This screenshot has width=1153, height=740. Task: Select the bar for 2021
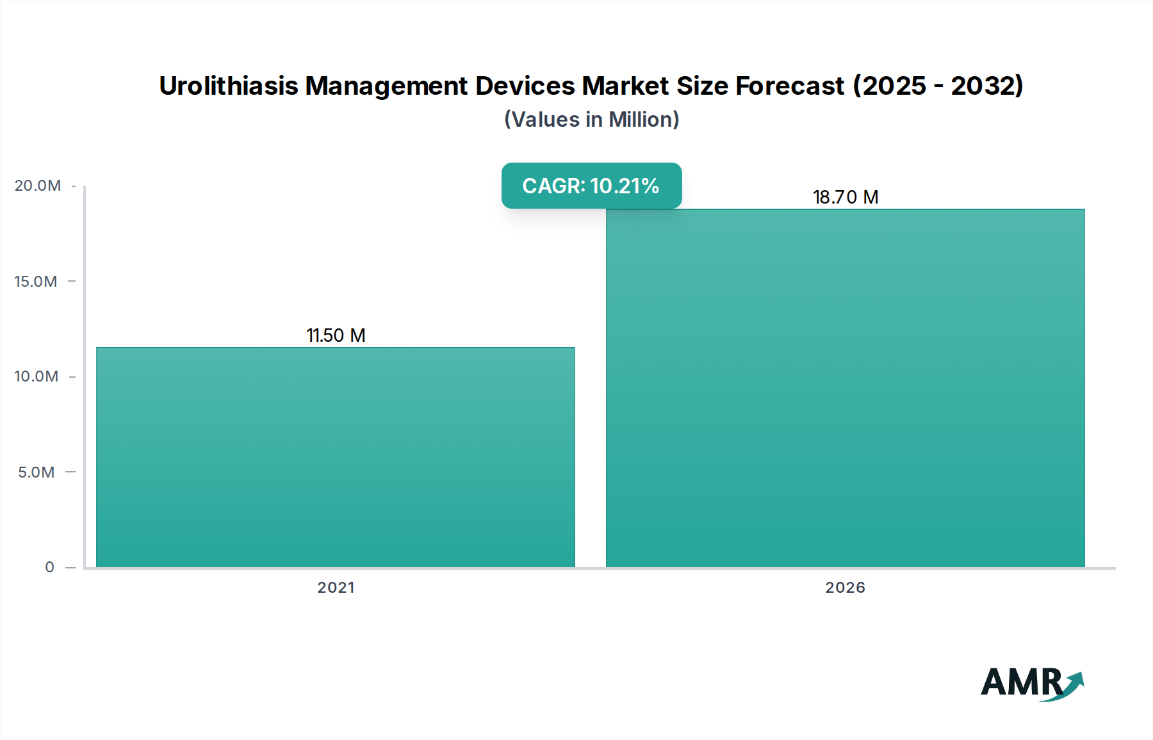pyautogui.click(x=336, y=457)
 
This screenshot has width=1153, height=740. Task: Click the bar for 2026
pyautogui.click(x=845, y=388)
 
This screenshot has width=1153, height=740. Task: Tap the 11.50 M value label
pyautogui.click(x=336, y=335)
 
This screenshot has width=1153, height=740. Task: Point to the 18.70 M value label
pyautogui.click(x=845, y=197)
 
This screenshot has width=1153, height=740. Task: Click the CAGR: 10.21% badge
pyautogui.click(x=591, y=186)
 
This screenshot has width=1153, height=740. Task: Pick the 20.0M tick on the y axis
pyautogui.click(x=38, y=186)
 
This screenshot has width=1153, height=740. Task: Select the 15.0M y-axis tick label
pyautogui.click(x=36, y=281)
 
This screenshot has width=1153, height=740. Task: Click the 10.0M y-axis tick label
pyautogui.click(x=37, y=376)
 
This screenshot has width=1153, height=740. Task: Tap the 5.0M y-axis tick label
pyautogui.click(x=37, y=472)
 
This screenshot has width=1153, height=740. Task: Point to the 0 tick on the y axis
pyautogui.click(x=49, y=567)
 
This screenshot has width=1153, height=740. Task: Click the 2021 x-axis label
pyautogui.click(x=336, y=588)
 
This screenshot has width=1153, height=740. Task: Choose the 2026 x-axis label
pyautogui.click(x=845, y=588)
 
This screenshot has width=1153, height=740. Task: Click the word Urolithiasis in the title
pyautogui.click(x=229, y=86)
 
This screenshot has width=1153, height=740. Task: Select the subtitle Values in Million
pyautogui.click(x=591, y=120)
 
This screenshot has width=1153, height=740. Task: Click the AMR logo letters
pyautogui.click(x=1020, y=682)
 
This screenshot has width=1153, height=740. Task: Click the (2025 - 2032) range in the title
pyautogui.click(x=938, y=86)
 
